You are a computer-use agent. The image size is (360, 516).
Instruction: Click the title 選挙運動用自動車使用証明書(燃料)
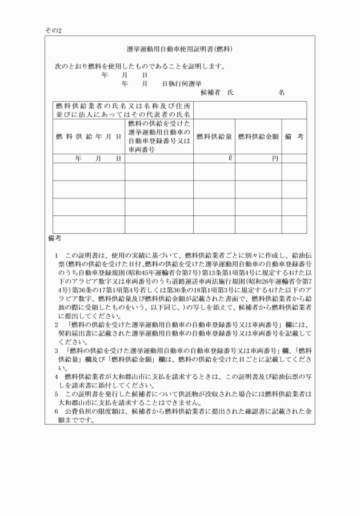point(179,49)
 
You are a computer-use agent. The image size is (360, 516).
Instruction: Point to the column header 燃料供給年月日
point(89,136)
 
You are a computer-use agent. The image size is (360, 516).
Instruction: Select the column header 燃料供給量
point(214,136)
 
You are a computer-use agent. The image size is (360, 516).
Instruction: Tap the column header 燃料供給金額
point(258,136)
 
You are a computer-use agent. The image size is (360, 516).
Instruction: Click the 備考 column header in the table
point(294,136)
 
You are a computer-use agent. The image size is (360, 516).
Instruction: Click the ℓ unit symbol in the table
point(229,158)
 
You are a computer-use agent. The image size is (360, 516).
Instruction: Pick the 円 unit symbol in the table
point(275,158)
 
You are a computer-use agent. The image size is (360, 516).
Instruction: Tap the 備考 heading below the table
point(54,237)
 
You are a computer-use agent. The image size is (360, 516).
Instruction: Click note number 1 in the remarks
point(57,254)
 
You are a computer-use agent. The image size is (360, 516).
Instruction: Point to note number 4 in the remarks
point(57,377)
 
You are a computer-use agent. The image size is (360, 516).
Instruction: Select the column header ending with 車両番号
point(159,136)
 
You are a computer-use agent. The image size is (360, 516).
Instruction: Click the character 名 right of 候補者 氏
point(281,91)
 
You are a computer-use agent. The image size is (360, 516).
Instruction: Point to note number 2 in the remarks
point(57,325)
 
